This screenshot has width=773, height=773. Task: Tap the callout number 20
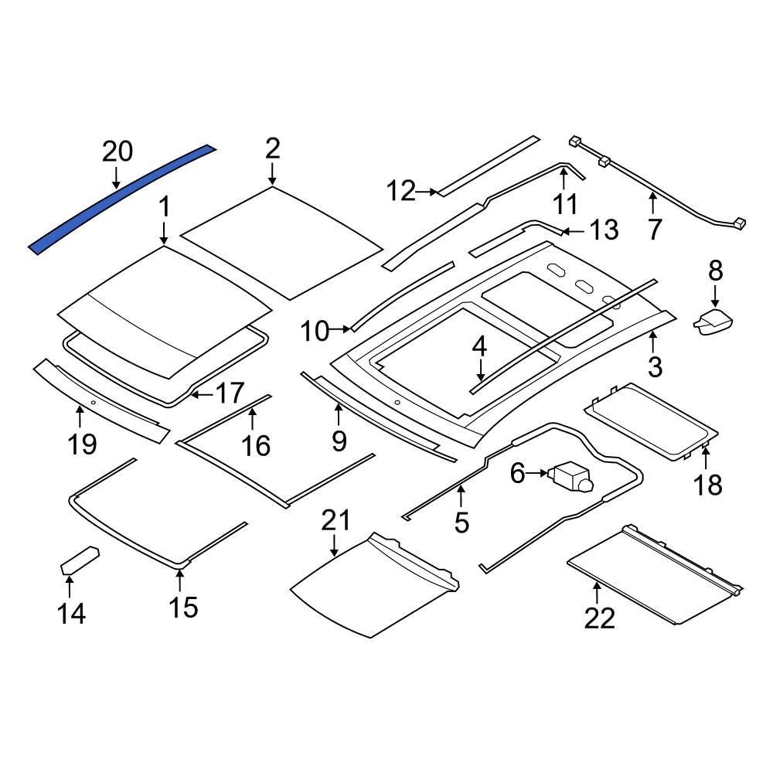[117, 152]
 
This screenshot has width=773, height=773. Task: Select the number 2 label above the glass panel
[272, 148]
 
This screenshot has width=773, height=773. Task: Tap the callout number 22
[599, 618]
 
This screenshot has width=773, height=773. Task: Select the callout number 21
[335, 520]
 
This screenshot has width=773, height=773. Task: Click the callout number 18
[708, 485]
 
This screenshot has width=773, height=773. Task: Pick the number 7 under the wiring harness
[655, 230]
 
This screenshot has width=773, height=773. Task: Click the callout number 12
[401, 190]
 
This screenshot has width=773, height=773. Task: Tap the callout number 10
[315, 331]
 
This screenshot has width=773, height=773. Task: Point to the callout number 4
[479, 347]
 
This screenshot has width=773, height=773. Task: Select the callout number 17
[229, 394]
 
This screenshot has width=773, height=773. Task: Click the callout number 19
[82, 444]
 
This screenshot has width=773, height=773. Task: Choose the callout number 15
[183, 607]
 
